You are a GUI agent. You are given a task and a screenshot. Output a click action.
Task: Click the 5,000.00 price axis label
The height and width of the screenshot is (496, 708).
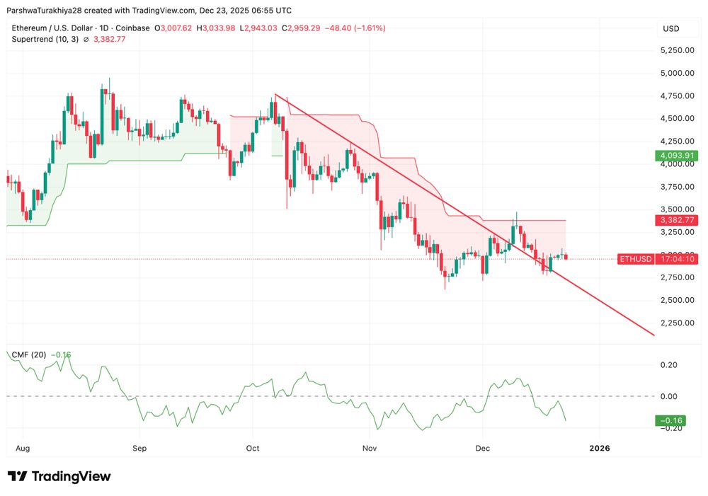(676, 73)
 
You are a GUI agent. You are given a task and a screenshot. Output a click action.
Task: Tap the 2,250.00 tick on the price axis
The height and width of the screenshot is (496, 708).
(676, 323)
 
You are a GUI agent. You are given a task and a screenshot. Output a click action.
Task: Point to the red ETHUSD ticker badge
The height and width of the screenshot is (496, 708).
(635, 259)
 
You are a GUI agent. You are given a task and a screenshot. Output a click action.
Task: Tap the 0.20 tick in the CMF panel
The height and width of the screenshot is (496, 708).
(668, 365)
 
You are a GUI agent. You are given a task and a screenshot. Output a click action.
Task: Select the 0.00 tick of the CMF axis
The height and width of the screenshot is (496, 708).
(668, 396)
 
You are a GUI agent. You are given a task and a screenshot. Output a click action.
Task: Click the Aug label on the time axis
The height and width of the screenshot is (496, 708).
(23, 448)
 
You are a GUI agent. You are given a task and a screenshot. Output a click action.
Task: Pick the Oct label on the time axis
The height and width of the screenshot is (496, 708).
(253, 448)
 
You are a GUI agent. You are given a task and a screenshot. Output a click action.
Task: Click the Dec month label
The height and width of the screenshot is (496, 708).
(483, 448)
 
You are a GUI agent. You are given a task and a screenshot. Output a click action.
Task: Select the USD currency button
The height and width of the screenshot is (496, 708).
(670, 28)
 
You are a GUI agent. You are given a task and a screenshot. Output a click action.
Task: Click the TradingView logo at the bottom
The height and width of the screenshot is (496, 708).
(59, 476)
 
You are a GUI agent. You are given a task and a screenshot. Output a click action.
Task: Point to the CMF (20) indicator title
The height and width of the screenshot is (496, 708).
(29, 354)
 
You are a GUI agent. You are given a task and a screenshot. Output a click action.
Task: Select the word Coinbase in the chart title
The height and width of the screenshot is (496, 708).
(132, 28)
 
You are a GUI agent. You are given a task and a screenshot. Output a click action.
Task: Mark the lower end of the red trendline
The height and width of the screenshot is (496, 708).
(653, 335)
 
